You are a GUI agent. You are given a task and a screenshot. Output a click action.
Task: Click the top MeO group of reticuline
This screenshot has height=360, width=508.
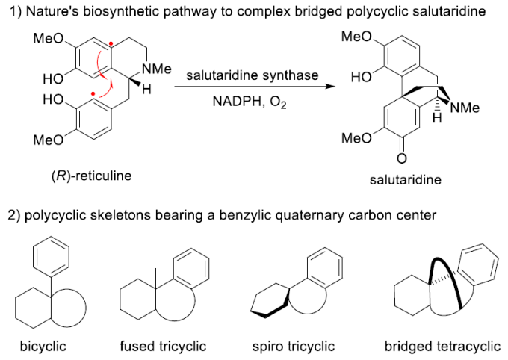[46, 39]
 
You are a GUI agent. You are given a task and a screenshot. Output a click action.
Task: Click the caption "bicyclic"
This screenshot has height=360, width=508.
[41, 346]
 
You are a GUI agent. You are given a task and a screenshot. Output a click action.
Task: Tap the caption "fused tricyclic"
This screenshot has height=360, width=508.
[162, 346]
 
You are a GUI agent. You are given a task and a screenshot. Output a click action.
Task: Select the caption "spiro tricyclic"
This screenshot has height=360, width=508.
[293, 346]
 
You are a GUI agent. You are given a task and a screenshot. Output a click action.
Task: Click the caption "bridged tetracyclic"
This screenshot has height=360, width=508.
[436, 346]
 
